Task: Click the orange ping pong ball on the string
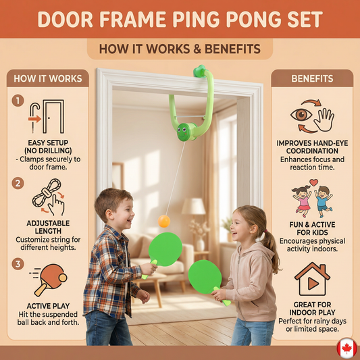(164, 222)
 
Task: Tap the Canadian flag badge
(347, 349)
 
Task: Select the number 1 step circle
(18, 101)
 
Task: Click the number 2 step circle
(18, 183)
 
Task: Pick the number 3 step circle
(18, 264)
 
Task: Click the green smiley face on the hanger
(183, 132)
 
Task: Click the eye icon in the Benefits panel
(301, 114)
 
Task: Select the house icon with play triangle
(312, 279)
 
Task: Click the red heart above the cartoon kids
(313, 182)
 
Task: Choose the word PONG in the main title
(253, 20)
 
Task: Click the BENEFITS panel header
(312, 78)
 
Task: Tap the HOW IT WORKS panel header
(48, 78)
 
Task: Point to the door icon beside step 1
(53, 116)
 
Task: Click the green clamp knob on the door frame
(199, 71)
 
